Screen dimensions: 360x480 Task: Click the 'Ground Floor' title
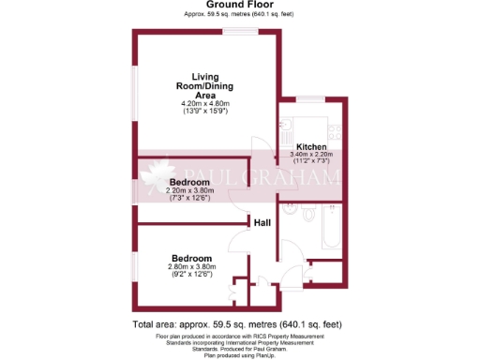point(239,5)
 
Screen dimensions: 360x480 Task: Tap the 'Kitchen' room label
point(311,148)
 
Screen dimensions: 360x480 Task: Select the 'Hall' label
point(263,223)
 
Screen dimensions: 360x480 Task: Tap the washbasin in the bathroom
point(292,206)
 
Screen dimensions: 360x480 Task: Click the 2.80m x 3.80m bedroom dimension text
point(191,267)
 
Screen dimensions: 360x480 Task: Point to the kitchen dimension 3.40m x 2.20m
point(311,156)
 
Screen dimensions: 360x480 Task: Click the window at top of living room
point(240,33)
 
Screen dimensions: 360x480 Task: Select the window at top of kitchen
point(308,100)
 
